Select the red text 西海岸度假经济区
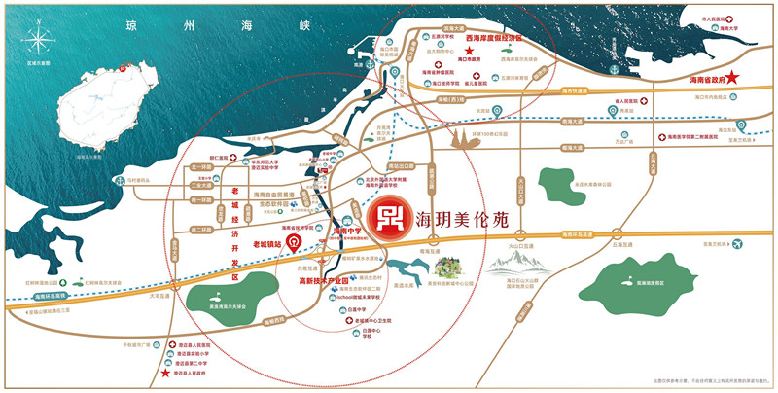(x=493, y=38)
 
